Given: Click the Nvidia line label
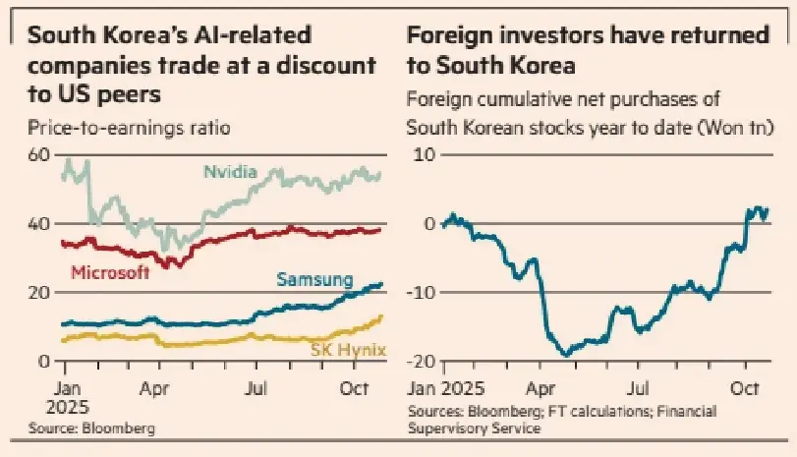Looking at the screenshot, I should (230, 172).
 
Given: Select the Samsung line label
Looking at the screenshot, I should (313, 280).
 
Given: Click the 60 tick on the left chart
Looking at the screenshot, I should (39, 155).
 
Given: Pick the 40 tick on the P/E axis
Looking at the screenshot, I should (39, 224).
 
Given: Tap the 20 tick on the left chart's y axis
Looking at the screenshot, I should (39, 293).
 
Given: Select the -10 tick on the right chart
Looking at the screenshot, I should (423, 293).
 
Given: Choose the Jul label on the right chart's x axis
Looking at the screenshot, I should (640, 387).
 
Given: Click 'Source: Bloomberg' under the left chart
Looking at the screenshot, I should (90, 428).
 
